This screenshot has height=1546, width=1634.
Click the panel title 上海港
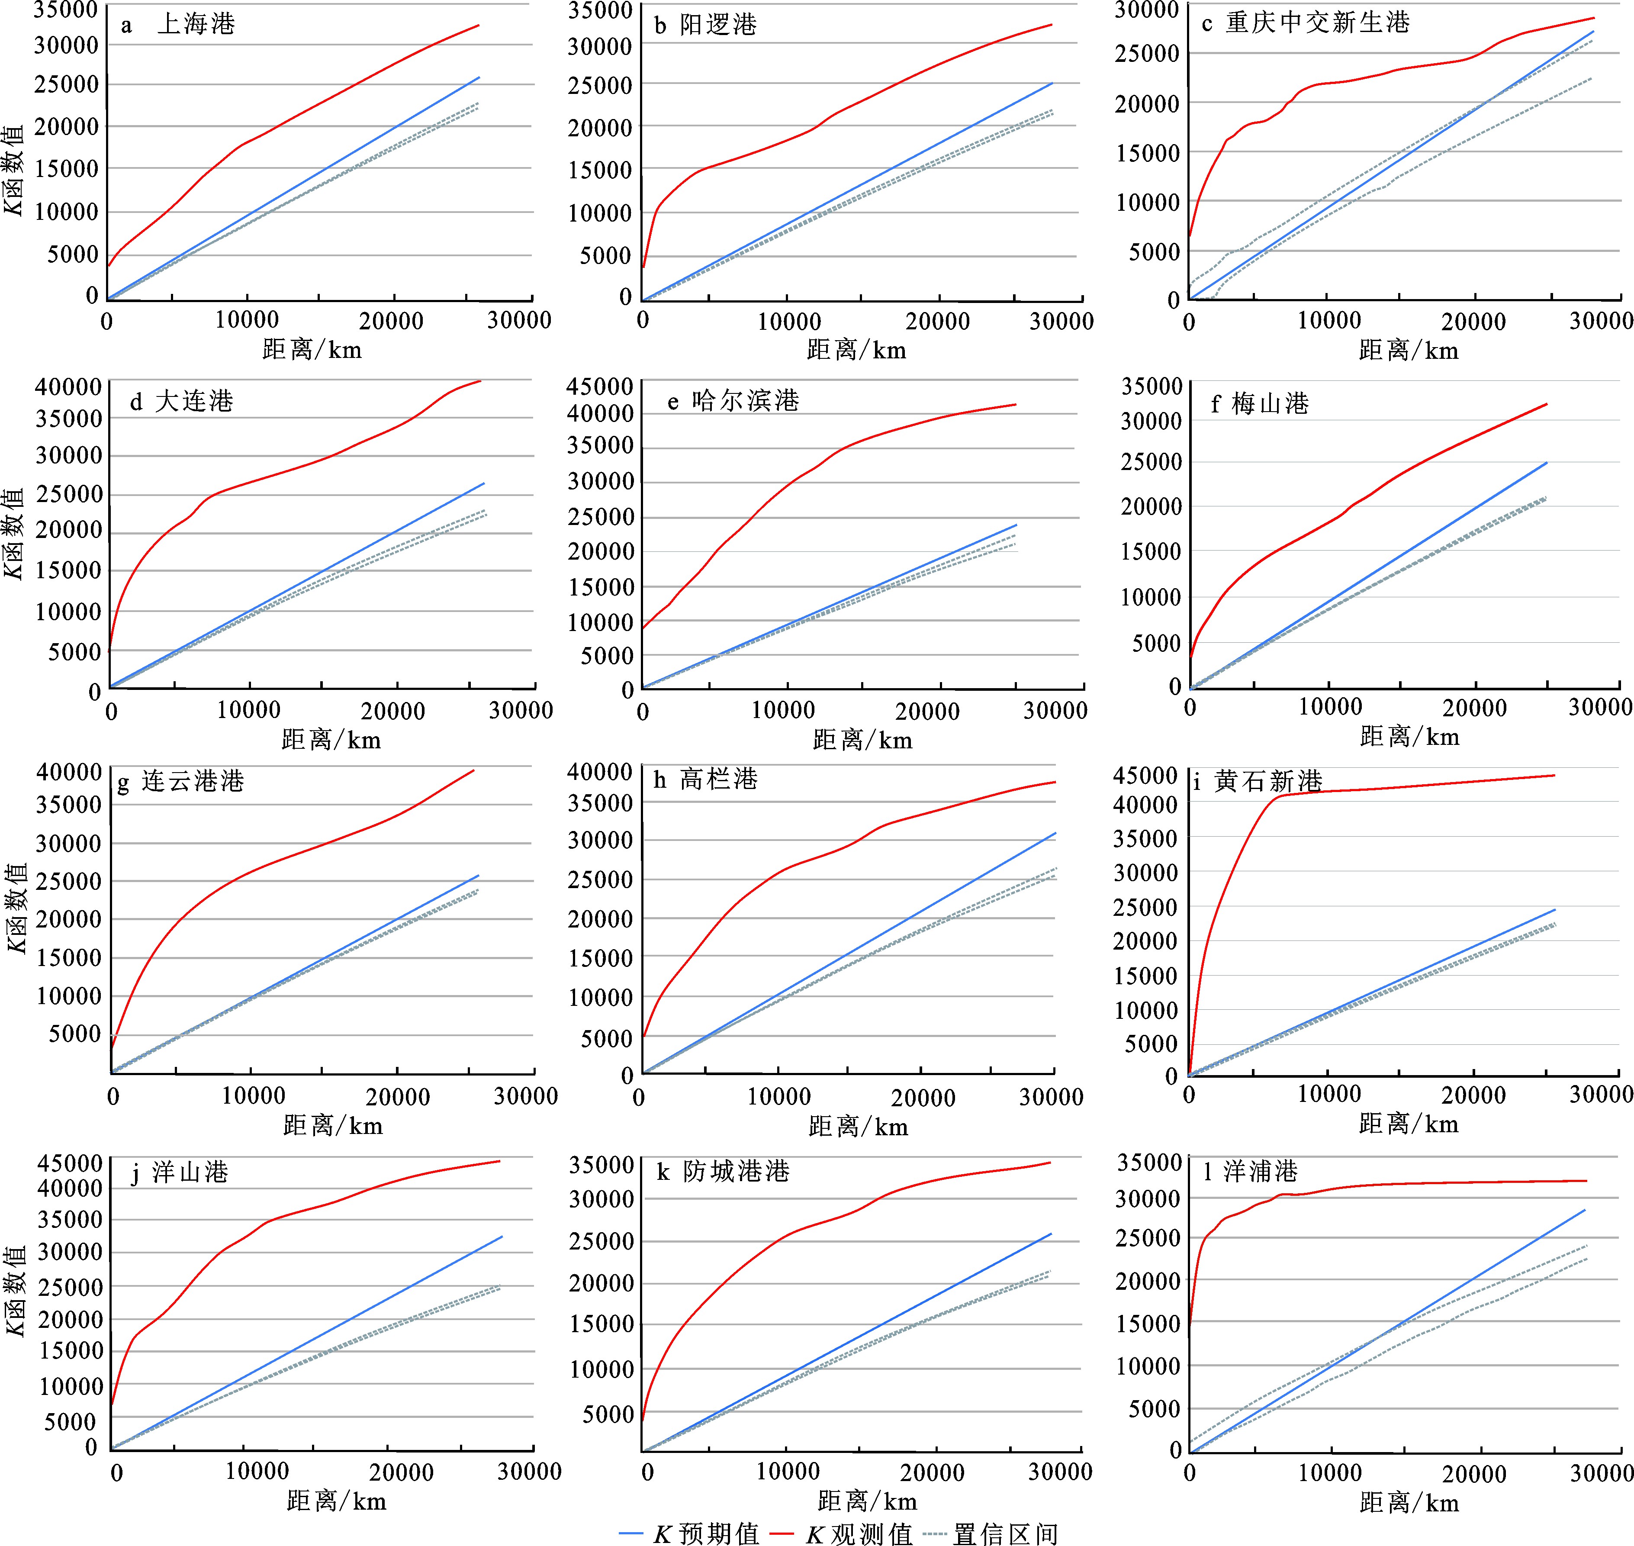pos(196,24)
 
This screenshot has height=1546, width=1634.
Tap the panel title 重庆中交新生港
pos(1318,23)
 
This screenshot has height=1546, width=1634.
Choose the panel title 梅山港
pos(1270,404)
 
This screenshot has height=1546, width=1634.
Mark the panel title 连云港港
pos(193,781)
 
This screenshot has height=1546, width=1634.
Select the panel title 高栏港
pos(718,779)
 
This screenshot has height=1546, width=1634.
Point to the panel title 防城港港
pos(736,1172)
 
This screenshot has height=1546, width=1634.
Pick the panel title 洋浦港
pos(1261,1172)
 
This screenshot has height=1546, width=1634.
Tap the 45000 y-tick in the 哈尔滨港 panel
pos(600,386)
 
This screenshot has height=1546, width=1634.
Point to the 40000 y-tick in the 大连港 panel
pos(68,386)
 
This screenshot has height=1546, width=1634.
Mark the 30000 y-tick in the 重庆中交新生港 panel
pos(1147,11)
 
